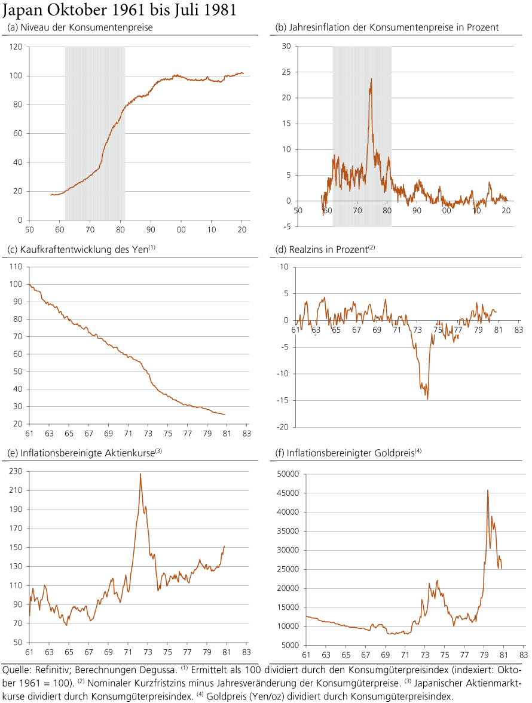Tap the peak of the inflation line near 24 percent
point(371,79)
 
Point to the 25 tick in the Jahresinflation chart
point(286,72)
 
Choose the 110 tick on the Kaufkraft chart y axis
point(16,267)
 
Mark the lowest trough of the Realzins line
point(427,399)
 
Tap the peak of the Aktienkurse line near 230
point(140,474)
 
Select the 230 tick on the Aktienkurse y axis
point(16,471)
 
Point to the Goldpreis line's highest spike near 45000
point(488,490)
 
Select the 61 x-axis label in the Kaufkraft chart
point(29,432)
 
